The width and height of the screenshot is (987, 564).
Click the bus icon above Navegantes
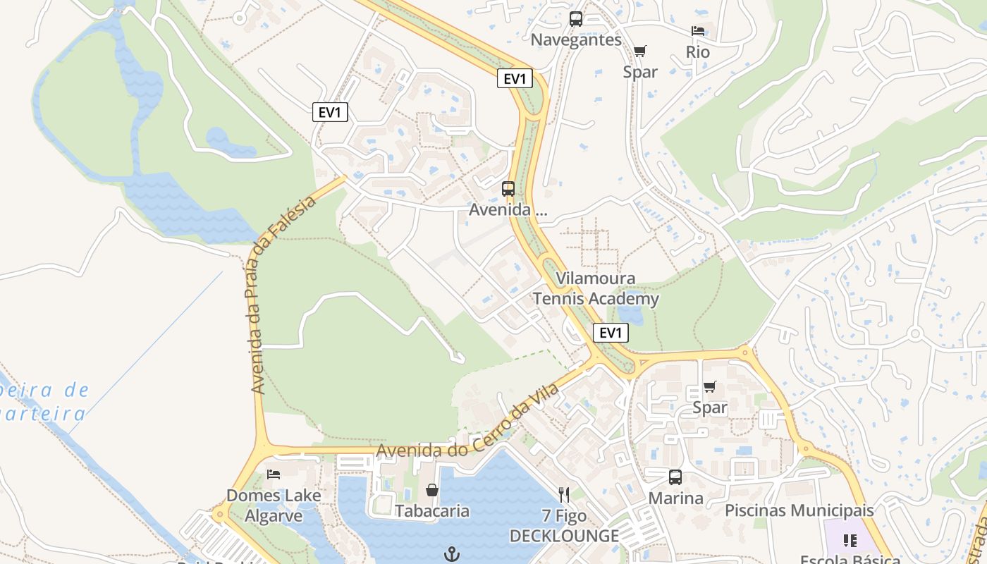pos(576,19)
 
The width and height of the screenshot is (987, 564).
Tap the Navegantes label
pos(576,39)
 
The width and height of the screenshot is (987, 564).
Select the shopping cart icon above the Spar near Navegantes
pos(639,51)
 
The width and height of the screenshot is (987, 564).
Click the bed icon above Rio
pos(698,31)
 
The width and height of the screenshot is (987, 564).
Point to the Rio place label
pos(698,52)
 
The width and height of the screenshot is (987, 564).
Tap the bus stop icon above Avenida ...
pos(508,189)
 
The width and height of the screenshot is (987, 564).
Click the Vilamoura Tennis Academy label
pos(596,289)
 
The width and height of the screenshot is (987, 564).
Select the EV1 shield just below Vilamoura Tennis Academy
pos(611,333)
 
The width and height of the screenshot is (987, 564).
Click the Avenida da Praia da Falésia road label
pos(282,294)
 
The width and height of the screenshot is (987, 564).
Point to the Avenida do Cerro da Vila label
pos(467,420)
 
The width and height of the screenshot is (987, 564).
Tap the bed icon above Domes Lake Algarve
pos(274,474)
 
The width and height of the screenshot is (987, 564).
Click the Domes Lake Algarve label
pos(274,505)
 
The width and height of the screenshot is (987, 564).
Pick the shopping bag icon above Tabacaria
pos(432,490)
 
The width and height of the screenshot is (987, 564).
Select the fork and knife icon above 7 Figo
pos(564,494)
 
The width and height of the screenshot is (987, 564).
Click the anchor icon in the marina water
pos(452,554)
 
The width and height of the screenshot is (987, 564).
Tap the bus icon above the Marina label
pos(675,477)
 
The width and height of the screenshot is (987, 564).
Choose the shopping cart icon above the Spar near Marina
pos(710,387)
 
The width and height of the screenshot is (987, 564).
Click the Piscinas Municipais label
pos(799,510)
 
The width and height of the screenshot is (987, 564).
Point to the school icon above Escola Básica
pos(850,541)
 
